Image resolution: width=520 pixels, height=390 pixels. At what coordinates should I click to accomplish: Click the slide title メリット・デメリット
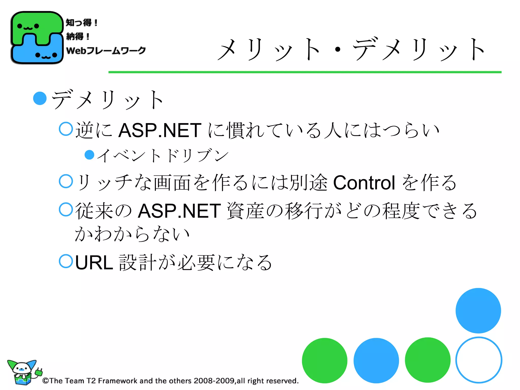pos(352,50)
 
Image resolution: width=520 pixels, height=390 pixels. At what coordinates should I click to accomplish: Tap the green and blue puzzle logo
pos(37,38)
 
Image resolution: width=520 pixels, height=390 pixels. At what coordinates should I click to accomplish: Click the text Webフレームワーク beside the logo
pos(106,51)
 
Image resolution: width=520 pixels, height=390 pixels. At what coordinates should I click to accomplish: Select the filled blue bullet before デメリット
pos(40,98)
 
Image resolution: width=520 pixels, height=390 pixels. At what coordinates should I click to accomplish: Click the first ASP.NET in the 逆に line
pos(160,131)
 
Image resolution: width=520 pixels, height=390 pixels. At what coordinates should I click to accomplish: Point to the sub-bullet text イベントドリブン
pos(162,155)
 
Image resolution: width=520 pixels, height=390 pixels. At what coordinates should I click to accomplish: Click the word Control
pos(364,183)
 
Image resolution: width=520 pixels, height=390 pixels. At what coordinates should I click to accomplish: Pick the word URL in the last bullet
pos(94,263)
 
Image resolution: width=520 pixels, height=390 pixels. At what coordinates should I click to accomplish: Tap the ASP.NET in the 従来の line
pos(179,211)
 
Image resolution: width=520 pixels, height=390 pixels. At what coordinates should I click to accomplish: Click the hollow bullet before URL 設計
pos(66,261)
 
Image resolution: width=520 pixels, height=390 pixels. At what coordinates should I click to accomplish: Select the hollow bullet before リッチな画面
pos(66,181)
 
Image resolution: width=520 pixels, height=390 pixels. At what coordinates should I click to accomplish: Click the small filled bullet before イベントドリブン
pos(89,155)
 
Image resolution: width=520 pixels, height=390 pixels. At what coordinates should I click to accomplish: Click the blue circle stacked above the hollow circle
pos(478,311)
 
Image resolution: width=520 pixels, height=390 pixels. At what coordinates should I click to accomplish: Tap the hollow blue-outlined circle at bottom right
pos(479,360)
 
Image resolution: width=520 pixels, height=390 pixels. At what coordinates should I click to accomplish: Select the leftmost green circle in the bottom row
pos(324,361)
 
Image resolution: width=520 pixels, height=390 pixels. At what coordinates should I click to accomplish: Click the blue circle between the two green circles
pos(376,361)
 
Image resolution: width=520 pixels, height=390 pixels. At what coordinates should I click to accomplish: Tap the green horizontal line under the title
pos(305,72)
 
